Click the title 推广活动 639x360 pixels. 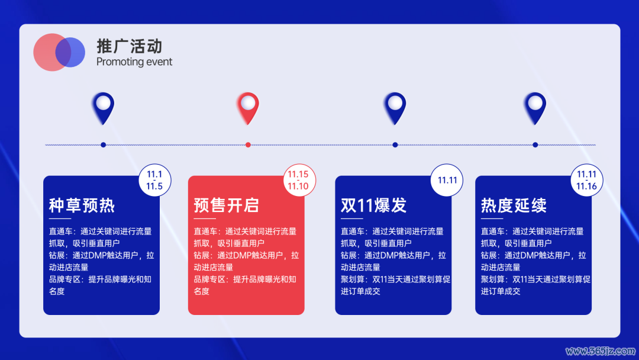130,46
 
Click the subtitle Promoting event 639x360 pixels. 134,62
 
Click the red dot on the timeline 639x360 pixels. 248,144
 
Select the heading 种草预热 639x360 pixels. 82,205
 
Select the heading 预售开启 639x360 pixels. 227,205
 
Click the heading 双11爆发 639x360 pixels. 374,205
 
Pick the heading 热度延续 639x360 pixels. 514,205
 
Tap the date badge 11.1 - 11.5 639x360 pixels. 154,180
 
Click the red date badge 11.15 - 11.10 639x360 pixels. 299,180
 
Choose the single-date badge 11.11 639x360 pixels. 447,180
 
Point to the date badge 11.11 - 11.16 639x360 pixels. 586,180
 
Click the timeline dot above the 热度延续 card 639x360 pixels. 535,144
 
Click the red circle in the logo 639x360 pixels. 46,52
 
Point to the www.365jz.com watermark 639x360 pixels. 601,351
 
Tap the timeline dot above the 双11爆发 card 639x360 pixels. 395,144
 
